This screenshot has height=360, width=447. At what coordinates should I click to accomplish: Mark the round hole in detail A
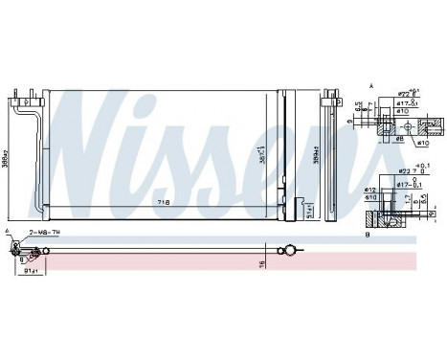tap(436, 122)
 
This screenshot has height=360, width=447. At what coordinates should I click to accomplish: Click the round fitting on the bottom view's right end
tap(283, 253)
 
